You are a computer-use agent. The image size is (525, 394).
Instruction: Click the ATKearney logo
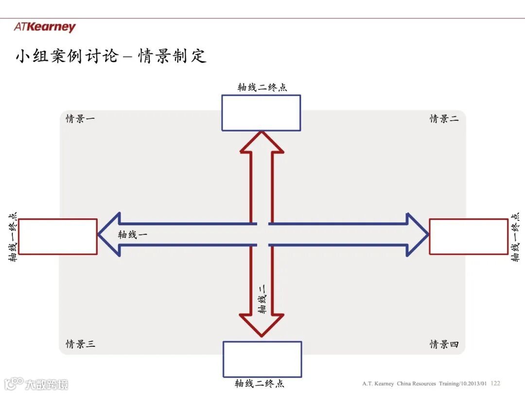pos(45,27)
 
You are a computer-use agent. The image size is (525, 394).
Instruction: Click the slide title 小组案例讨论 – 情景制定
pos(111,56)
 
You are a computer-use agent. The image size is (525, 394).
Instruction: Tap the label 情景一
pos(80,119)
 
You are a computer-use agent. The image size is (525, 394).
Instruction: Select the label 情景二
pos(444,119)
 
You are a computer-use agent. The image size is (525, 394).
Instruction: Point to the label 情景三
pos(80,344)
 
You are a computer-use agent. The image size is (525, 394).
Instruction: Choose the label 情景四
pos(444,344)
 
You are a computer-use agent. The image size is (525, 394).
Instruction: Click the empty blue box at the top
pos(261,113)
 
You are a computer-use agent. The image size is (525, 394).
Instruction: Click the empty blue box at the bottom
pos(262,359)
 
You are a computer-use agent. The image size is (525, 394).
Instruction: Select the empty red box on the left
pos(58,236)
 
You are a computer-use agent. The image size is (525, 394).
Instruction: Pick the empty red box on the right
pos(469,236)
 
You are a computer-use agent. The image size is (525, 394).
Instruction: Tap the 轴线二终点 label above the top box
pos(262,88)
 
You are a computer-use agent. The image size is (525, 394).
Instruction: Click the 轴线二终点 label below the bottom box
pos(260,384)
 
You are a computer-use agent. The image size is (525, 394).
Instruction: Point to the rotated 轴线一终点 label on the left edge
pos(14,237)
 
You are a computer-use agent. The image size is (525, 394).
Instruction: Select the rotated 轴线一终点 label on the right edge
pos(515,237)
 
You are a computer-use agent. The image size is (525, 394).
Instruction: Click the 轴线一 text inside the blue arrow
pos(132,234)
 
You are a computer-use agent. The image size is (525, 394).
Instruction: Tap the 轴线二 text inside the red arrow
pos(262,297)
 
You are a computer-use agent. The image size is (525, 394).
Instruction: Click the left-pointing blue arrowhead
pos(109,234)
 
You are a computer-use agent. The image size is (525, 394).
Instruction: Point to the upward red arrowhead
pos(262,142)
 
